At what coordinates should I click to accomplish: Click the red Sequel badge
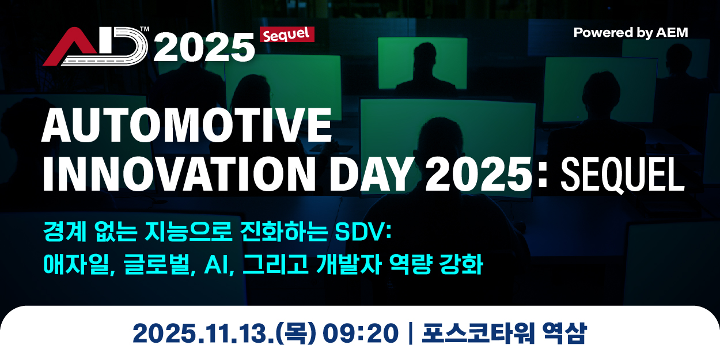(x=287, y=35)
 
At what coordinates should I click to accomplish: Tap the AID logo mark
(x=95, y=47)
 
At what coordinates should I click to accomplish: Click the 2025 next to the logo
(x=204, y=48)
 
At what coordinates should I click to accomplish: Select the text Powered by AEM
(x=631, y=33)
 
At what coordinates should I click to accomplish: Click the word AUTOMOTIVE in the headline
(x=187, y=125)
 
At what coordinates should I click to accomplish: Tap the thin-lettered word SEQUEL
(x=623, y=175)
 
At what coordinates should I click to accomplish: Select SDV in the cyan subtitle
(x=360, y=232)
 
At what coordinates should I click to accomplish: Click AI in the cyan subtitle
(x=217, y=265)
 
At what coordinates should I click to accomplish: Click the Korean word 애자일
(x=77, y=264)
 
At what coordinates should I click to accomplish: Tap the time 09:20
(x=361, y=334)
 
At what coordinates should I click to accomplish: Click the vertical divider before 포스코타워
(x=411, y=334)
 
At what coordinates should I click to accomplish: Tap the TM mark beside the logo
(x=145, y=29)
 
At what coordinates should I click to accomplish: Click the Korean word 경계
(x=65, y=231)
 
